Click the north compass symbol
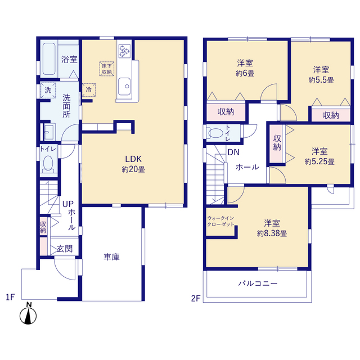point(29,314)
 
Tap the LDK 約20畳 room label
point(133,163)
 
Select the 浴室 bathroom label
point(69,58)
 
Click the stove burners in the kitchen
point(124,52)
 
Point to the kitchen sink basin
point(125,87)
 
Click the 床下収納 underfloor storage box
point(106,68)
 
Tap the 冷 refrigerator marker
point(89,89)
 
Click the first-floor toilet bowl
point(48,164)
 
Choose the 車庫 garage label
point(110,257)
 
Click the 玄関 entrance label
point(64,249)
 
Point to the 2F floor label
point(195,297)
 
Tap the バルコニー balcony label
point(258,283)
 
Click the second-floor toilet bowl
point(215,134)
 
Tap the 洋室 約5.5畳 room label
point(321,75)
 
